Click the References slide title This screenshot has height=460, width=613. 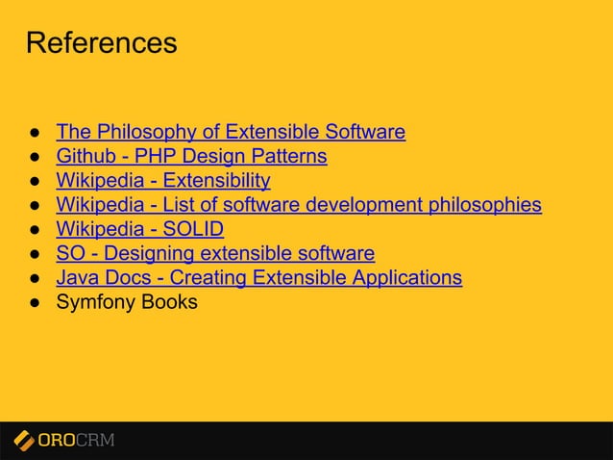click(101, 43)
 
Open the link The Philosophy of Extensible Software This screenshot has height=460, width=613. click(231, 132)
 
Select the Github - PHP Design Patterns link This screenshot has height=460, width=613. click(191, 156)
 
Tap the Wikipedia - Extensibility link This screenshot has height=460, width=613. click(163, 180)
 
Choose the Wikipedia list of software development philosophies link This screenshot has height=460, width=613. click(299, 205)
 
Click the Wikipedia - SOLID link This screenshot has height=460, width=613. click(139, 229)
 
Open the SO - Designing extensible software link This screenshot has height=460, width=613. click(215, 254)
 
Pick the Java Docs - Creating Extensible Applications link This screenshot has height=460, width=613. click(258, 278)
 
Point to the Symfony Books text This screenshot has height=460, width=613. click(127, 302)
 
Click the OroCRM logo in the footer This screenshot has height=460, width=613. click(64, 441)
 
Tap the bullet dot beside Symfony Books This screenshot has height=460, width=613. click(32, 303)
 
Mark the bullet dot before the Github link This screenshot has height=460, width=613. click(32, 157)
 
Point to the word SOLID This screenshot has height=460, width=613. click(193, 229)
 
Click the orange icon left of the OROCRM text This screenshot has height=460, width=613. click(24, 441)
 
